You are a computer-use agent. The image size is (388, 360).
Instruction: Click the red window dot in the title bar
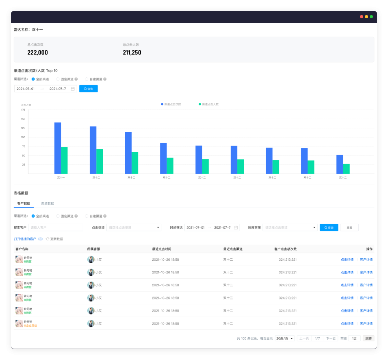[362, 17]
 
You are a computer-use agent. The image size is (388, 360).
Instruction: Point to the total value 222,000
[37, 52]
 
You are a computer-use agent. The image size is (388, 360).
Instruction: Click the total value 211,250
[132, 52]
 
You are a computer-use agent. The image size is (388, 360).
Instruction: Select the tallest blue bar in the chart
[58, 148]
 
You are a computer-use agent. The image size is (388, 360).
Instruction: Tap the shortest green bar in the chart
[346, 169]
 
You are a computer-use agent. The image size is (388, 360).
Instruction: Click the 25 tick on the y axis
[23, 165]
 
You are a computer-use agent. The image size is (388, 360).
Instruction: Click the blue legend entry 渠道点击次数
[171, 104]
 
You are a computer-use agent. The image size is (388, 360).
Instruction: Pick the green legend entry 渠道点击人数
[209, 104]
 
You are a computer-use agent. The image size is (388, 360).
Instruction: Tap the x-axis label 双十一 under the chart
[61, 177]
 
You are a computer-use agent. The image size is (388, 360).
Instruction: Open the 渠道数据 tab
[48, 203]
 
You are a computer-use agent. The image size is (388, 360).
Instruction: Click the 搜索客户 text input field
[56, 228]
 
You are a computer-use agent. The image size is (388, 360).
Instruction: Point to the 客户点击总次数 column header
[285, 249]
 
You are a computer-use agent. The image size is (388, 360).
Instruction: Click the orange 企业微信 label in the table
[31, 325]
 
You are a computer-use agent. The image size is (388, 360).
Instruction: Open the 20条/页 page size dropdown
[285, 338]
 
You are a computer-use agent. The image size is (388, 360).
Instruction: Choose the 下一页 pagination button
[331, 338]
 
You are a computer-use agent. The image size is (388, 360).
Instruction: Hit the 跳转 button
[368, 338]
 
